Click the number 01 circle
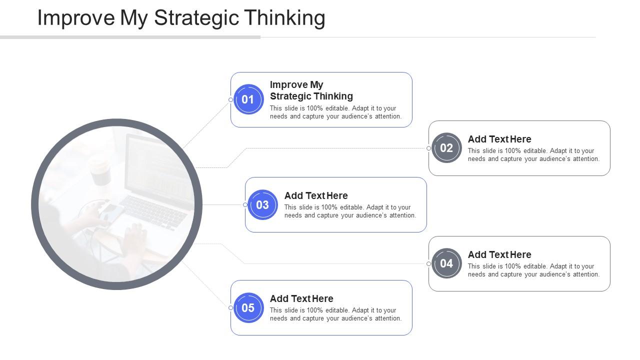pos(248,99)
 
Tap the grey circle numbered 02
pos(446,148)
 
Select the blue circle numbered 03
pos(262,205)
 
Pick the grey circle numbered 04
pos(446,263)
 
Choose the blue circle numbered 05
pos(248,308)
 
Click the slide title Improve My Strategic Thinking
pos(181,18)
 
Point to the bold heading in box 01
pos(311,90)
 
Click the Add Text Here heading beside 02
pos(499,139)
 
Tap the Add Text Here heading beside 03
pos(315,195)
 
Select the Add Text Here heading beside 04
pos(499,254)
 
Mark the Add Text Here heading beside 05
pos(301,298)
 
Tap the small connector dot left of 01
pos(230,99)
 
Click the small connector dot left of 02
pos(428,148)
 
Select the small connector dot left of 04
pos(428,263)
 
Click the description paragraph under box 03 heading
pos(350,211)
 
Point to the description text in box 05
pos(335,314)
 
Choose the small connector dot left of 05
pos(230,308)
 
